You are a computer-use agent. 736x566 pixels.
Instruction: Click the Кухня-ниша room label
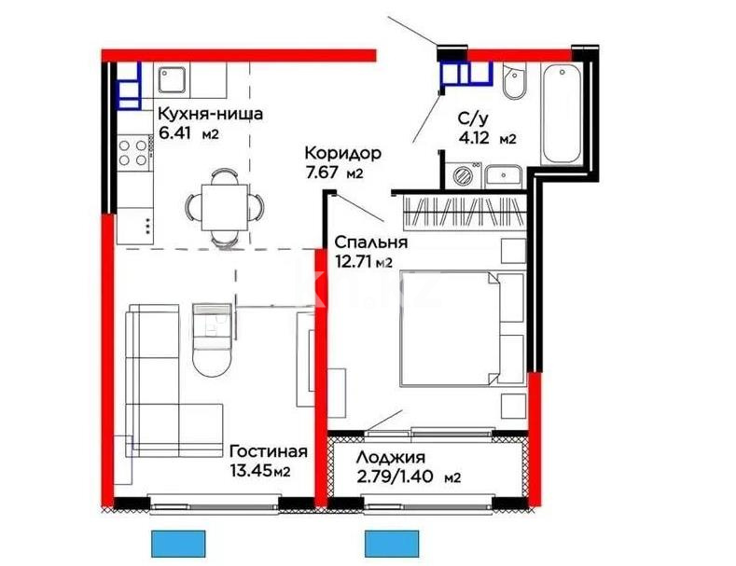click(x=210, y=115)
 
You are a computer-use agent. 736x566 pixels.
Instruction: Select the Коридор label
click(x=342, y=154)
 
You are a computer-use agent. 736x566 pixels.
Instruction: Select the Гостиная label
click(x=268, y=451)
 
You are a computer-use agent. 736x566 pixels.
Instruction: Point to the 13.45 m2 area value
click(x=260, y=471)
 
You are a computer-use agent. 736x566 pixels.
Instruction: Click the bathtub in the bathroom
click(x=562, y=113)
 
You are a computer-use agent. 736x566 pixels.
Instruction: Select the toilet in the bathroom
click(x=513, y=85)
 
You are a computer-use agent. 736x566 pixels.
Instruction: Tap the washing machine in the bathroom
click(x=463, y=174)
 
